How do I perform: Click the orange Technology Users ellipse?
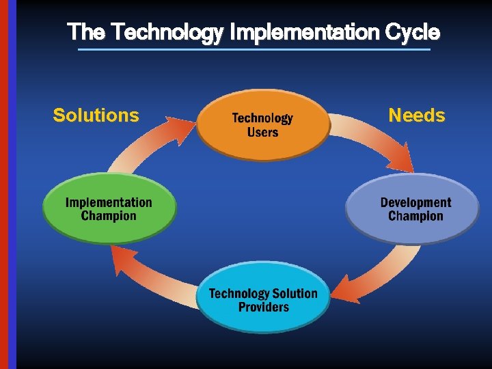(263, 125)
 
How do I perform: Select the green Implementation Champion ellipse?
(109, 208)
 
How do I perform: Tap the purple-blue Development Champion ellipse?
(413, 208)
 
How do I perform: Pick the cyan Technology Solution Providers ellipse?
(263, 300)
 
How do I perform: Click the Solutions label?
(96, 115)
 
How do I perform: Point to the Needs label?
(416, 115)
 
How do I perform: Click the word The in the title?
(86, 32)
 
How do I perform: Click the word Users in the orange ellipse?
(263, 132)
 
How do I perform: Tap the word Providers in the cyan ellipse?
(263, 307)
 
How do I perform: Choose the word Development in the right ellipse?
(415, 202)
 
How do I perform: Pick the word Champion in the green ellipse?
(109, 216)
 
